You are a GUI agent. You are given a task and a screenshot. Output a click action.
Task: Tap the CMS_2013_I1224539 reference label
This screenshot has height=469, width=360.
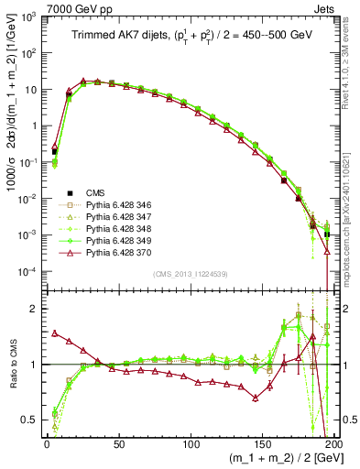pos(189,272)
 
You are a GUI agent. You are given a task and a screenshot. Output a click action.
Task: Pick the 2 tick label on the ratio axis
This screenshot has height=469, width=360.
pos(35,308)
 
